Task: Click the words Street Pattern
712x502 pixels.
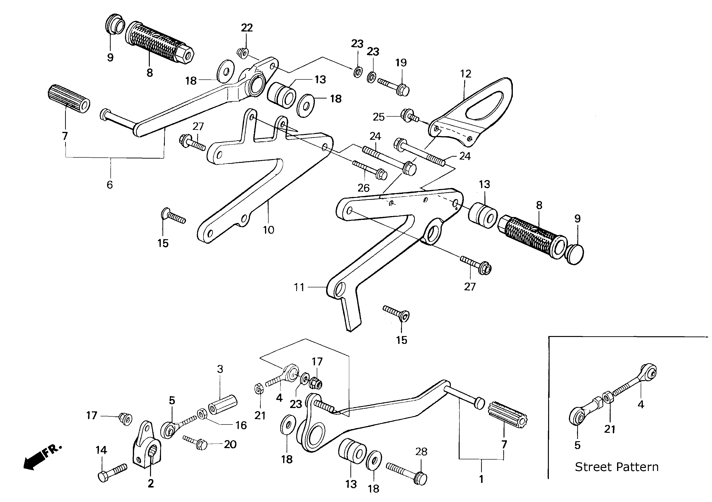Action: pyautogui.click(x=617, y=467)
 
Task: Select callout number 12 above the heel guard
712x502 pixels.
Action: pyautogui.click(x=466, y=74)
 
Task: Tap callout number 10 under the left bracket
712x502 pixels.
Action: pyautogui.click(x=269, y=230)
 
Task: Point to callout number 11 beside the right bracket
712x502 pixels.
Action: pyautogui.click(x=299, y=287)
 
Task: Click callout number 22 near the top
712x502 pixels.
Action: pyautogui.click(x=247, y=28)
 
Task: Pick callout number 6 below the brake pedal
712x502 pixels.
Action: pyautogui.click(x=110, y=185)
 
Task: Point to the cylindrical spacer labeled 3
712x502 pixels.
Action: pyautogui.click(x=223, y=405)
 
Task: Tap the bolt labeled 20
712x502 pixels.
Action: pyautogui.click(x=196, y=443)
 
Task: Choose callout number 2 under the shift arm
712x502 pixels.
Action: pyautogui.click(x=151, y=483)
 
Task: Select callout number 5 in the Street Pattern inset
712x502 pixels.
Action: pyautogui.click(x=577, y=445)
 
